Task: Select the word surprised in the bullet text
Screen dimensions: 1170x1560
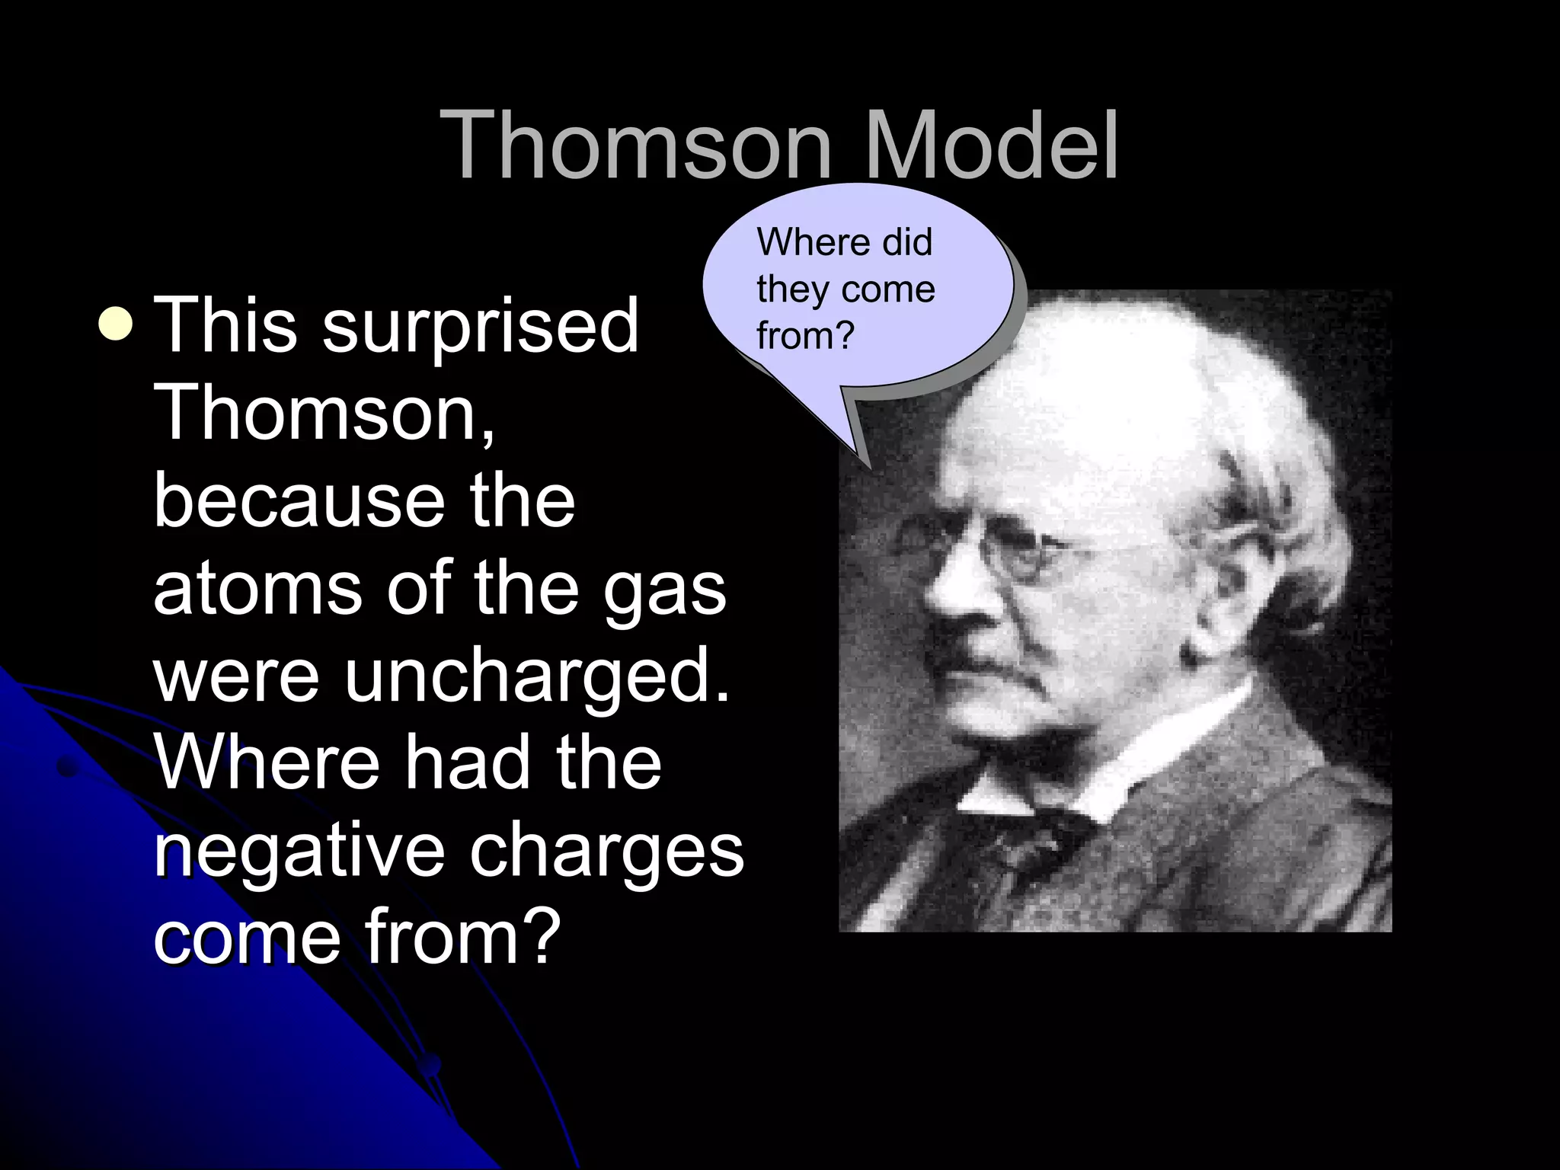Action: tap(480, 328)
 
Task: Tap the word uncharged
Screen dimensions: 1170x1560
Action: tap(536, 675)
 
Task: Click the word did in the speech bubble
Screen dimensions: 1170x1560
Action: tap(907, 242)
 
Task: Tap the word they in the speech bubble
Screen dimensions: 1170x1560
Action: tap(793, 289)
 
